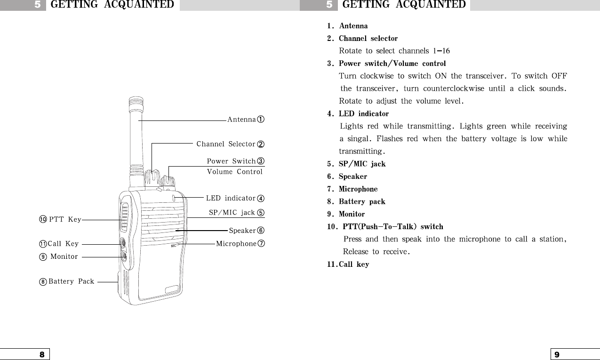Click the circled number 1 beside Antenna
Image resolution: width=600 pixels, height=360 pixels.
point(260,120)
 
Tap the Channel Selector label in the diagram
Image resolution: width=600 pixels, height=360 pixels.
point(225,144)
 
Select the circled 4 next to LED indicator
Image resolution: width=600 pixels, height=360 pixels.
point(260,199)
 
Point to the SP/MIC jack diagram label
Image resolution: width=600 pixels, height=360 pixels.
point(232,213)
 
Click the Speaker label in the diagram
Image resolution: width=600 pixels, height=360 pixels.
point(242,231)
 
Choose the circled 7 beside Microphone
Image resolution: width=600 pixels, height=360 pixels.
point(261,244)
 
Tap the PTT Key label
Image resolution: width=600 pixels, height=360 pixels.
point(65,220)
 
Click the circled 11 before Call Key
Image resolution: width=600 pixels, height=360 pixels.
point(43,244)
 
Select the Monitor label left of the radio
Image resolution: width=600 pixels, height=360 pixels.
point(64,257)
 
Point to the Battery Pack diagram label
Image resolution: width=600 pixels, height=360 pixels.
point(71,282)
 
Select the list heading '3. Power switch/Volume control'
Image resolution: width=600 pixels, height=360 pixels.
point(386,63)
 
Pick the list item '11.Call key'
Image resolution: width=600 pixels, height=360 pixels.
point(348,264)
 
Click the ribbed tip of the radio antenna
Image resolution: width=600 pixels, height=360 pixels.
point(135,102)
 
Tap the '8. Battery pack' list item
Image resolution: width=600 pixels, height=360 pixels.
point(356,201)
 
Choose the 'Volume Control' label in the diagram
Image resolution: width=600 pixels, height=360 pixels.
point(234,172)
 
